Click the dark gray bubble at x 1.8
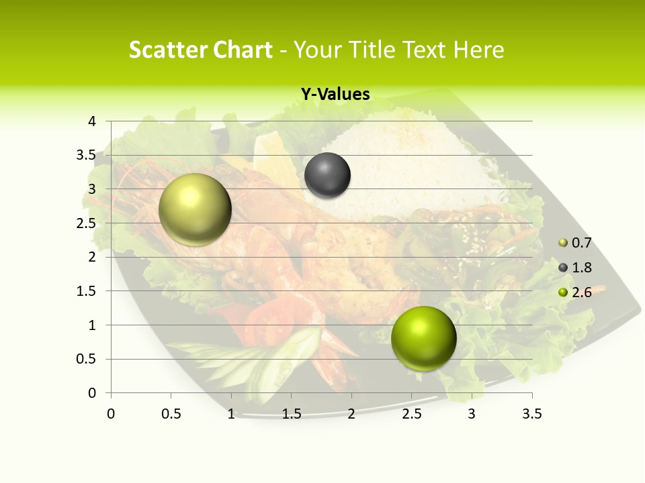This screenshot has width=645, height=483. pos(327,176)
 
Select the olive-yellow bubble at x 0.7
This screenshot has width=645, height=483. pos(195,210)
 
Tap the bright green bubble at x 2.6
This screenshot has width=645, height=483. pos(423,338)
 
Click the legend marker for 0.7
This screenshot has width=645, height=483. pos(563,243)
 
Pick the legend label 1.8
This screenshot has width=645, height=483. pos(582,268)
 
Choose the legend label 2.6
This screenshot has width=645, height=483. pos(582,292)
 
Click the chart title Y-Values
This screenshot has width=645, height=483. pos(335,95)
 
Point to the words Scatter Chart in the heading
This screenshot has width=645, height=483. pos(200,50)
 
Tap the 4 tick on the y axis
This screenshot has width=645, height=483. pos(92,121)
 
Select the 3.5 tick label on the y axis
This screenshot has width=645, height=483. pos(86,155)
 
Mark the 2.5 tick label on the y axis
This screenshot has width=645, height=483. pos(86,223)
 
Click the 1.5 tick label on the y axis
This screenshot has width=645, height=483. pos(86,291)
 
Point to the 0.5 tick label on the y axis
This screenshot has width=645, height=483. pos(86,359)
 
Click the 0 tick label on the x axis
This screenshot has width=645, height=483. pos(111,414)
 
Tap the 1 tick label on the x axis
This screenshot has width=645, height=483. pos(231,414)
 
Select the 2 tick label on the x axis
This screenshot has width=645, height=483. pos(351,414)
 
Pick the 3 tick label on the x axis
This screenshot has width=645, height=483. pos(472,414)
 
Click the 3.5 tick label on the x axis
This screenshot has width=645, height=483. pos(531,414)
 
